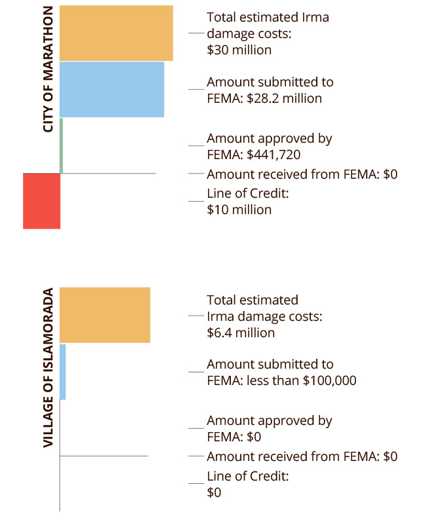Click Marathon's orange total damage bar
coord(116,33)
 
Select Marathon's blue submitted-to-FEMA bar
coord(111,89)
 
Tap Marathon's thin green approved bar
coord(62,145)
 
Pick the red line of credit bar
coord(41,200)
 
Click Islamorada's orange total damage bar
coord(105,314)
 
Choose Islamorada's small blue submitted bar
coord(63,371)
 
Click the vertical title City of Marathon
coord(48,71)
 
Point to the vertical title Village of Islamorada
coord(48,369)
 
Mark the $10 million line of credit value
coord(239,210)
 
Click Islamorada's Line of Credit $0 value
coord(214,492)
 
